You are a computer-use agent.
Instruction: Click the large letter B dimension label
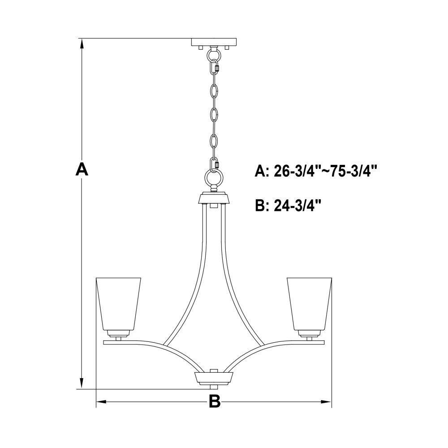[x=215, y=401]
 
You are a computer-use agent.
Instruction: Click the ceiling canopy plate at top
[x=214, y=42]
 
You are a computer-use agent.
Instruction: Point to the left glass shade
[x=118, y=304]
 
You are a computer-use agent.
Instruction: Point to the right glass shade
[x=310, y=304]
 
